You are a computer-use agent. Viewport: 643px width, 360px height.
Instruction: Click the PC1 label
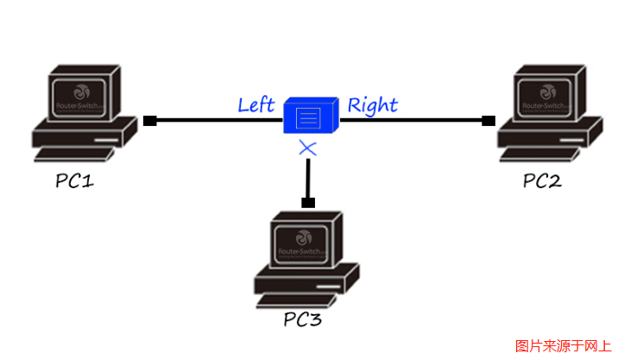tap(75, 181)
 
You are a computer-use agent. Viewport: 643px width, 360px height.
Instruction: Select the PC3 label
tap(302, 319)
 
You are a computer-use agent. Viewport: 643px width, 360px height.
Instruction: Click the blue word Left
tap(255, 105)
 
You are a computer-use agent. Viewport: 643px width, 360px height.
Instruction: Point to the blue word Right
tap(372, 105)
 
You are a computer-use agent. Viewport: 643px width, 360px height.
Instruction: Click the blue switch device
tap(308, 117)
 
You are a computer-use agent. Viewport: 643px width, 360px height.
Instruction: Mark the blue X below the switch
tap(308, 148)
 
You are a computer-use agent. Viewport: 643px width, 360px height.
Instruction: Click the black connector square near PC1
tap(149, 120)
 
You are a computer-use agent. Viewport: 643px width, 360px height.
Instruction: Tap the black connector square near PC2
tap(489, 120)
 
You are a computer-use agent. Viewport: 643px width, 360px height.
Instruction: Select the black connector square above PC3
tap(308, 203)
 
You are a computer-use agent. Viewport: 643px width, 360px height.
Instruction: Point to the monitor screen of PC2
tap(547, 95)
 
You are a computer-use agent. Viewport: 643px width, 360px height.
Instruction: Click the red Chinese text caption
tap(563, 345)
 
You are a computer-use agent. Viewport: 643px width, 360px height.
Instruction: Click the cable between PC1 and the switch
tap(216, 120)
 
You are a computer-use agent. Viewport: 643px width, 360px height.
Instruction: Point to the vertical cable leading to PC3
tap(308, 177)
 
